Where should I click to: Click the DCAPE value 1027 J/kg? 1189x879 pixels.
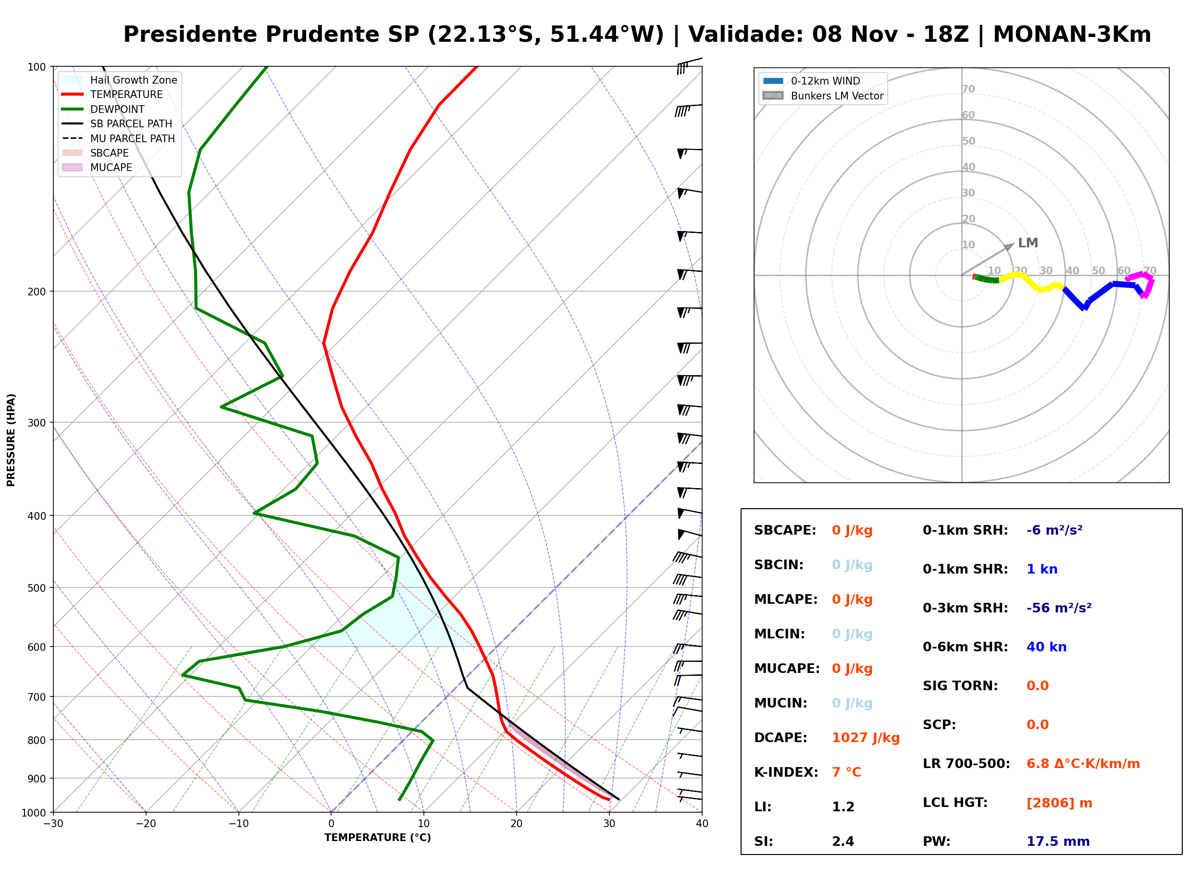tap(866, 738)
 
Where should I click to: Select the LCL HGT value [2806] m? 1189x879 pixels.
tap(1059, 803)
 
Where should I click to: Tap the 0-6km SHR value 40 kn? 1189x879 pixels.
tap(1046, 647)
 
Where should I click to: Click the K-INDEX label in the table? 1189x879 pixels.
tap(786, 772)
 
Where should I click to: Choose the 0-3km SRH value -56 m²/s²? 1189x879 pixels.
tap(1059, 608)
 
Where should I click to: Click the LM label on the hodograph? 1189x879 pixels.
tap(1028, 243)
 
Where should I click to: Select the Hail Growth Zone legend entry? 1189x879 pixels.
tap(120, 80)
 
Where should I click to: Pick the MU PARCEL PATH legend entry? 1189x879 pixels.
tap(119, 138)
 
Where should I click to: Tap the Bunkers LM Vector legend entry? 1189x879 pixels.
tap(823, 96)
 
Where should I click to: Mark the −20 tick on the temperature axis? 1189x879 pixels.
tap(146, 824)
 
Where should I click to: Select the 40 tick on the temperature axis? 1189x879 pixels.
tap(702, 824)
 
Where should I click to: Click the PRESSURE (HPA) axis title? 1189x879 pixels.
tap(11, 440)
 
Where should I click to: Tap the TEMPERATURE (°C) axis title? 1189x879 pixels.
tap(378, 838)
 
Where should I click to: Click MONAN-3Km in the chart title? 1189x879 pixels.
tap(1072, 35)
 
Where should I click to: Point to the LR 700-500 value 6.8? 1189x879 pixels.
tap(1037, 764)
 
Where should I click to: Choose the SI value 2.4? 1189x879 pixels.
tap(843, 841)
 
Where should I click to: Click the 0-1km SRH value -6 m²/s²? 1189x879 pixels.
tap(1054, 530)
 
